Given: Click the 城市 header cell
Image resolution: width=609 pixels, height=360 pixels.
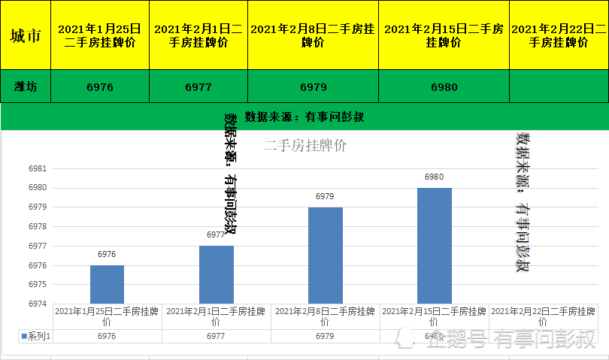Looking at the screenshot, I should click(26, 35).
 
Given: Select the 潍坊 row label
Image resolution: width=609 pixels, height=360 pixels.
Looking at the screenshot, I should click(26, 86).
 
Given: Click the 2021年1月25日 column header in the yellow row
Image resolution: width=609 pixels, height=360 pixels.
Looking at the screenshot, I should click(100, 35).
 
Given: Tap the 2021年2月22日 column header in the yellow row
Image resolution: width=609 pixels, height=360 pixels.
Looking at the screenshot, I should click(559, 35).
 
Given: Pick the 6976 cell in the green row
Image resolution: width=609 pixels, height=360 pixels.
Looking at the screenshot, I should click(100, 86).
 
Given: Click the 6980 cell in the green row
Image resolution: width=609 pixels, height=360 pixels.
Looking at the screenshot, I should click(444, 86).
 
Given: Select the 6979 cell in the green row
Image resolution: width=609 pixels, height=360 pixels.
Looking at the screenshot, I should click(313, 86).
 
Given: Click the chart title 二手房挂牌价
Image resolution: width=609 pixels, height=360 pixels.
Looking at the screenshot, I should click(305, 146).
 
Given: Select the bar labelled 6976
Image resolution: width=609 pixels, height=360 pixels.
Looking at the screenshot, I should click(107, 284).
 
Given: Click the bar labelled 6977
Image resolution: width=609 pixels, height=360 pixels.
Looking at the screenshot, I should click(216, 274).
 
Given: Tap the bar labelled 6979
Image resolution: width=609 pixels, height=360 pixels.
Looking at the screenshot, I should click(325, 255).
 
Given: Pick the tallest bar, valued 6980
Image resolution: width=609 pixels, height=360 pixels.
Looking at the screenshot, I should click(434, 245).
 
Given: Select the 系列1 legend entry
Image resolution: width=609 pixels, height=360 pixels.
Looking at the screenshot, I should click(36, 336).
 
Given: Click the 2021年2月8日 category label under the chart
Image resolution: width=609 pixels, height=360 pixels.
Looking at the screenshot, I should click(325, 316).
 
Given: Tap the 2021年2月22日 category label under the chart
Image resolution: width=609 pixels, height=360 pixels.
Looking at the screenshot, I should click(543, 316).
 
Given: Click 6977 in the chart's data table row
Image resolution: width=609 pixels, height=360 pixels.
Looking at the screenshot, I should click(216, 336).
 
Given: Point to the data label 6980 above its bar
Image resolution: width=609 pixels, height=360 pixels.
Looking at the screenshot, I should click(434, 177).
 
